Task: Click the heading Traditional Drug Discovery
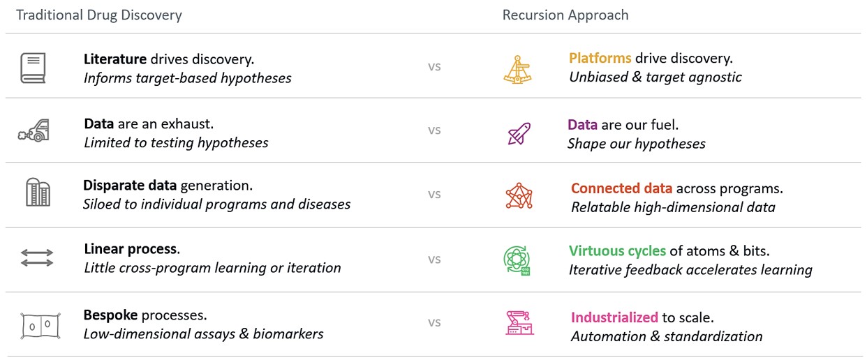pyautogui.click(x=99, y=15)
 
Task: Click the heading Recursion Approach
pyautogui.click(x=565, y=15)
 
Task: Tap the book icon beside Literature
pyautogui.click(x=34, y=68)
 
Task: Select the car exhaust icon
pyautogui.click(x=34, y=130)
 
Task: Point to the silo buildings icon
pyautogui.click(x=38, y=192)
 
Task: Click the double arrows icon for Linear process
pyautogui.click(x=37, y=257)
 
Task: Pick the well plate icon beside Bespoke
pyautogui.click(x=40, y=326)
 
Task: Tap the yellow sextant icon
pyautogui.click(x=517, y=70)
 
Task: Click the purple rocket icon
pyautogui.click(x=519, y=133)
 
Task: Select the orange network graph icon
pyautogui.click(x=519, y=195)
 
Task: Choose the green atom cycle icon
pyautogui.click(x=517, y=261)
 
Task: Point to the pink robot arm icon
pyautogui.click(x=519, y=323)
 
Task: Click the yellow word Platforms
pyautogui.click(x=600, y=59)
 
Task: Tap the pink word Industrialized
pyautogui.click(x=614, y=317)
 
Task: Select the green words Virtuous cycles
pyautogui.click(x=617, y=251)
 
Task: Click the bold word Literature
pyautogui.click(x=115, y=59)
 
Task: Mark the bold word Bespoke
pyautogui.click(x=110, y=315)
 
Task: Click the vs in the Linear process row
pyautogui.click(x=434, y=260)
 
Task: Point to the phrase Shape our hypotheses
pyautogui.click(x=637, y=144)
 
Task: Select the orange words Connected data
pyautogui.click(x=621, y=188)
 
